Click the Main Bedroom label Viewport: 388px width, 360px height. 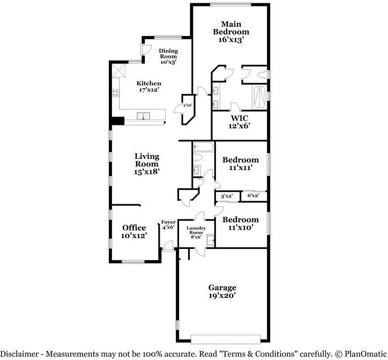pos(231,28)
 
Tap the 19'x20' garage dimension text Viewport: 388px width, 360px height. pos(222,295)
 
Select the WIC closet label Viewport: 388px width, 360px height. pos(239,118)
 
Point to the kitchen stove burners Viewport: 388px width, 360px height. pos(116,93)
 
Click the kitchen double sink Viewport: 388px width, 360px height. pos(143,116)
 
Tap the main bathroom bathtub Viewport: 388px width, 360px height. pos(259,97)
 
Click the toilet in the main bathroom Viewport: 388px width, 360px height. pos(262,75)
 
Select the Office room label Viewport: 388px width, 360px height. pos(134,227)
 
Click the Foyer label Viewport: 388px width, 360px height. pos(168,222)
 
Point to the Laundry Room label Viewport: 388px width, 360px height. pos(196,230)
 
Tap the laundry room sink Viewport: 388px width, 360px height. pos(210,240)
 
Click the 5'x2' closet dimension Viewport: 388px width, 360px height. pos(227,196)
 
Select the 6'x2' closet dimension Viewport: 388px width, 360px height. pos(253,195)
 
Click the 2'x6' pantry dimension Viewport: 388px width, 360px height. pos(188,105)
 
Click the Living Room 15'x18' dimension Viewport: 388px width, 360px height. pos(146,172)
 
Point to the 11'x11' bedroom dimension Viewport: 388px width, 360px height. pos(241,167)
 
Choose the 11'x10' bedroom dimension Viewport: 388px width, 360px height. pos(241,227)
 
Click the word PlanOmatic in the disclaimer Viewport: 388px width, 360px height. pos(365,354)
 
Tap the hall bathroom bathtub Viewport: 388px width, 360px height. pos(204,146)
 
